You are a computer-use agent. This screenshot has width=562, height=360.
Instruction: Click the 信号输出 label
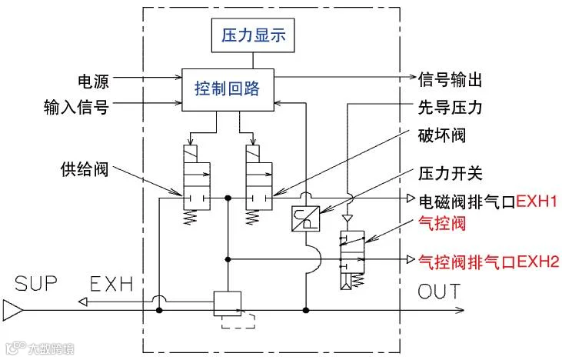click(450, 80)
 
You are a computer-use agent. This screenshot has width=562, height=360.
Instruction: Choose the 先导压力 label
click(450, 107)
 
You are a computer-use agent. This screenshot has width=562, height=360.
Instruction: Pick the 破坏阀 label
click(441, 135)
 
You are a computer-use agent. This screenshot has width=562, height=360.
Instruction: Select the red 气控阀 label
click(441, 224)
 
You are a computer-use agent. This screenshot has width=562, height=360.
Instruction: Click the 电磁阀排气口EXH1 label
click(483, 200)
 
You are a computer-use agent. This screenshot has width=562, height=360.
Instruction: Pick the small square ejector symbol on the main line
click(227, 303)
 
